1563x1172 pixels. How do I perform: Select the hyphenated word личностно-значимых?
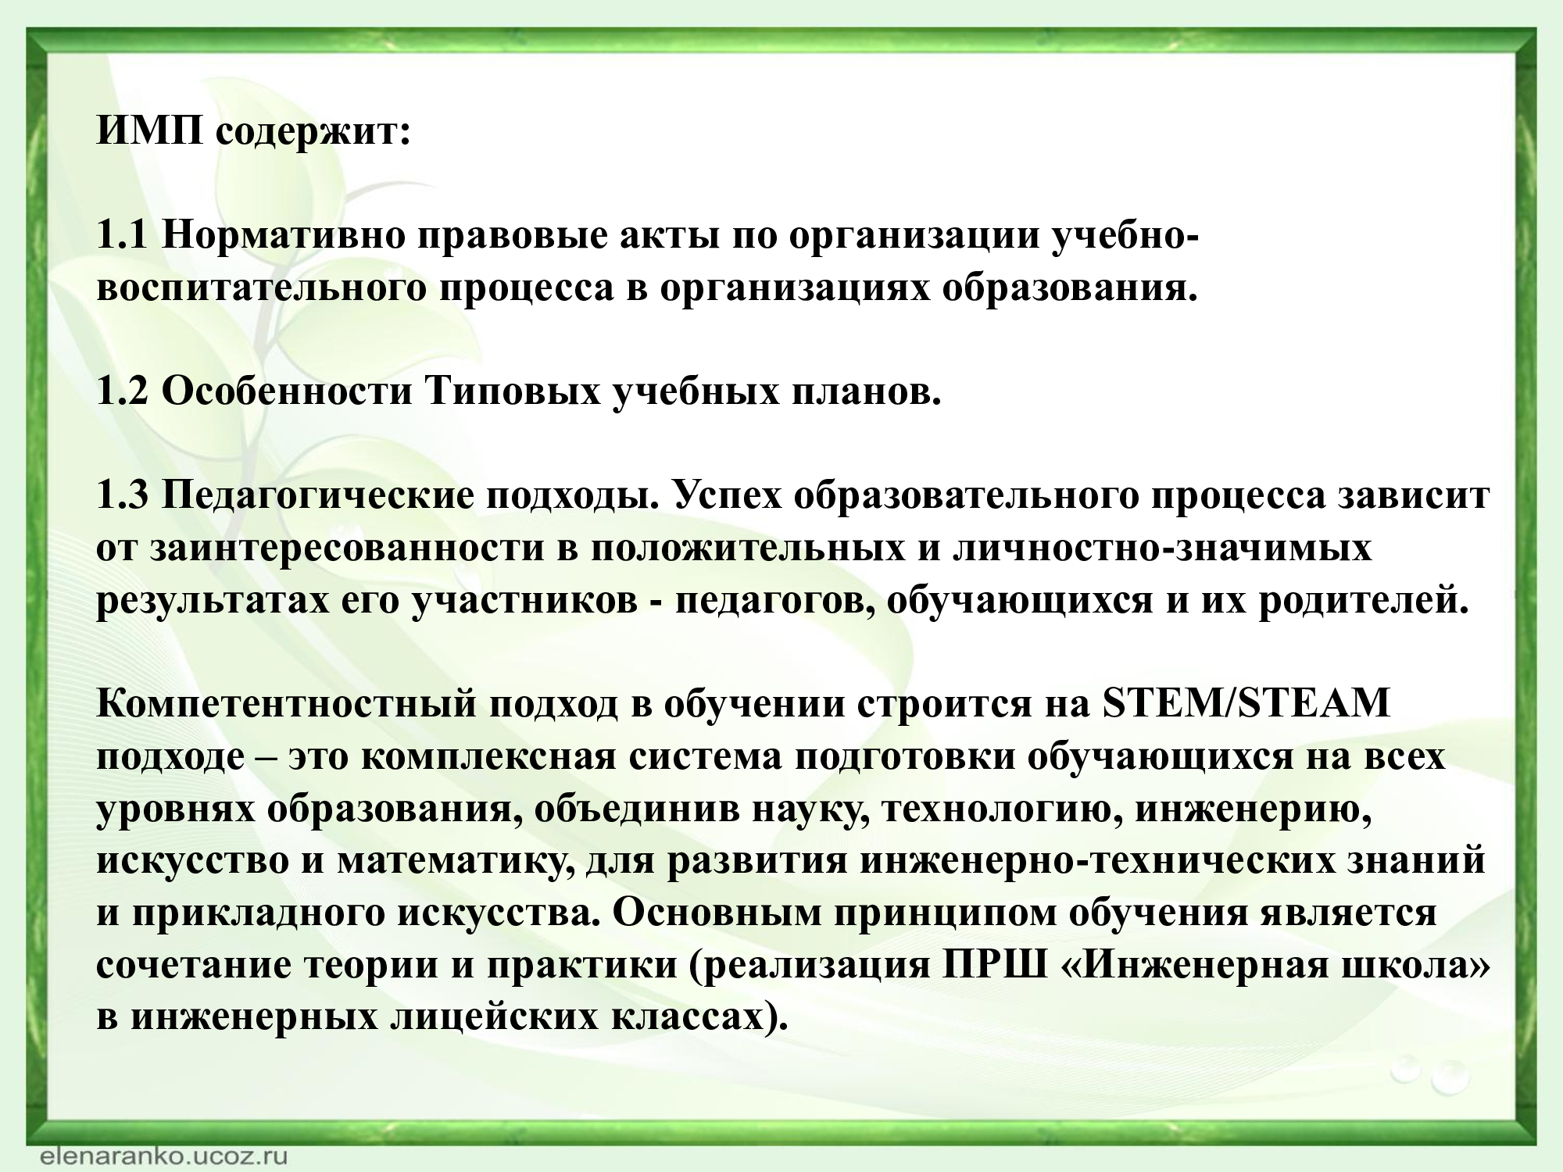1162,549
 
